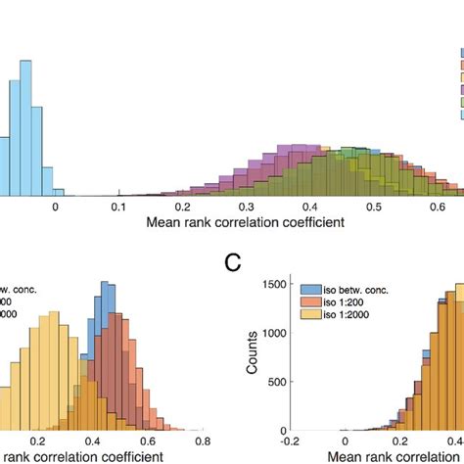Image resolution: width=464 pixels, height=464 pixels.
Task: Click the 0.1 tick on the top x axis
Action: click(118, 207)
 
